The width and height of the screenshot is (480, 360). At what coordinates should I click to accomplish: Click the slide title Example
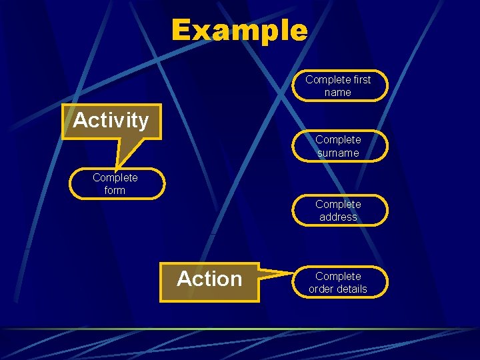tap(239, 31)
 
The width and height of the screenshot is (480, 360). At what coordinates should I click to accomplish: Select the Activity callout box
tap(111, 121)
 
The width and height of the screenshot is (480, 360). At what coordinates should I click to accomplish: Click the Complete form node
tap(115, 184)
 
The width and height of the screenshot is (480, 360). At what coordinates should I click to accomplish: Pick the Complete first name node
tap(338, 85)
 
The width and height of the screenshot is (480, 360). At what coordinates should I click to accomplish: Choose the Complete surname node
tap(338, 146)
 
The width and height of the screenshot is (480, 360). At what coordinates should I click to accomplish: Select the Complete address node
tap(338, 210)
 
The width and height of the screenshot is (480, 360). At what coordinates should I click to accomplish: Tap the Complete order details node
tap(338, 282)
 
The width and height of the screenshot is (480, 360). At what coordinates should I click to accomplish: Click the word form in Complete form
tap(115, 191)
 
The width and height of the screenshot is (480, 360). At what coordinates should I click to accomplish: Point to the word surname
tap(338, 153)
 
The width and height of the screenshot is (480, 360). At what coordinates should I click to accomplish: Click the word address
tap(338, 217)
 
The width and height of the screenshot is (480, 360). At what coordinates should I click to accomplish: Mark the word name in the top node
tap(338, 93)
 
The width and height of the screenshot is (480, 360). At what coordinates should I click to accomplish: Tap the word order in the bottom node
tap(321, 289)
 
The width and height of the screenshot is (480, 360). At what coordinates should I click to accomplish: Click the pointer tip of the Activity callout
tap(117, 167)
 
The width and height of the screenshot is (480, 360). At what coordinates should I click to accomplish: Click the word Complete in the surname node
tap(338, 140)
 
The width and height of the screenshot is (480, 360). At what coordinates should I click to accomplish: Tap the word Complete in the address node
tap(338, 204)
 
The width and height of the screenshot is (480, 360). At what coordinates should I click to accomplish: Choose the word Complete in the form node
tap(115, 177)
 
